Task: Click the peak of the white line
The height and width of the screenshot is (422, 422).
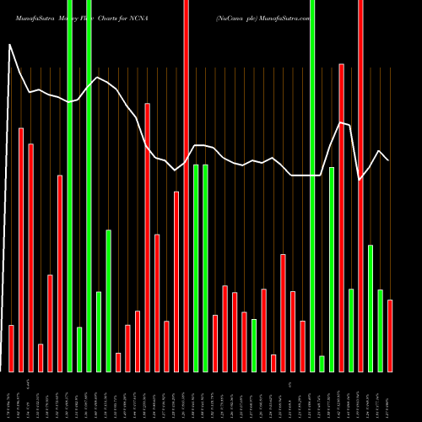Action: coord(10,45)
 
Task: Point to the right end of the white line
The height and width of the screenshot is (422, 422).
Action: coord(388,160)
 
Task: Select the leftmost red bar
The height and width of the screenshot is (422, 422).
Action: coord(12,348)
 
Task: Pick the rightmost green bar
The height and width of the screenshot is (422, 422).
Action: coord(380,330)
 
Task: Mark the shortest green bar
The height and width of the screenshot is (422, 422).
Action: coord(322,364)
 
